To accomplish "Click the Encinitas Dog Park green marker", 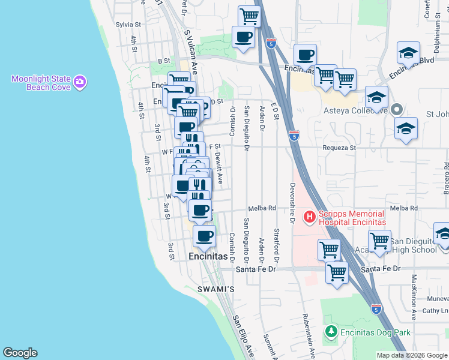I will click(330, 332).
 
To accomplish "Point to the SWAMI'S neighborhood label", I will click(216, 289).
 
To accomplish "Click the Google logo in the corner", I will click(20, 353).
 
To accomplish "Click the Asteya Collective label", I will click(354, 112).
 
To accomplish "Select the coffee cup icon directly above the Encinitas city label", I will click(204, 235).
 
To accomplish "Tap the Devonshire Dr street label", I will click(292, 203).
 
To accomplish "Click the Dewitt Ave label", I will click(220, 167).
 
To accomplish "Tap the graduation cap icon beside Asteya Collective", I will click(376, 97).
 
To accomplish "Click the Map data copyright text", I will click(412, 355).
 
